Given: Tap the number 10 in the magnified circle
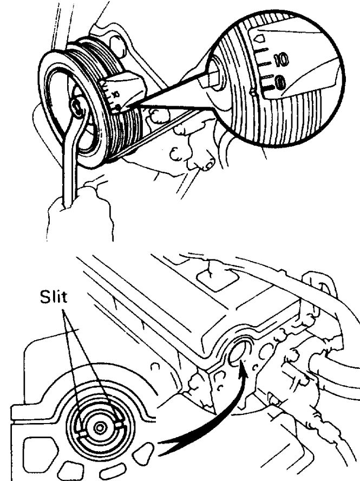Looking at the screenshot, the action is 282,60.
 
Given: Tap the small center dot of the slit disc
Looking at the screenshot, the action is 99,428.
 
